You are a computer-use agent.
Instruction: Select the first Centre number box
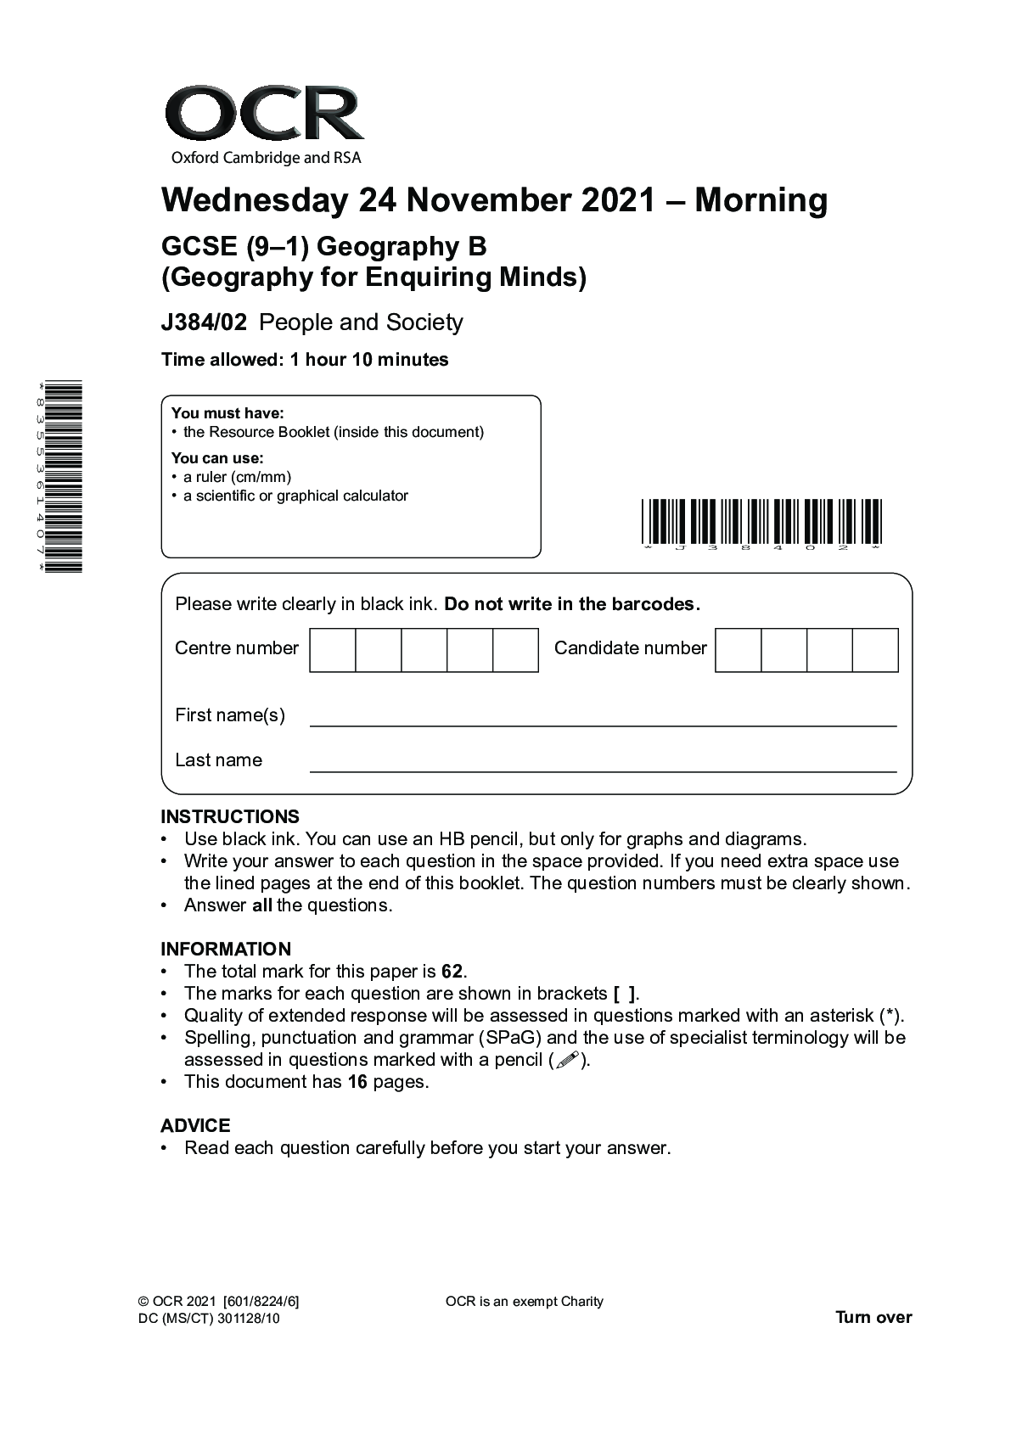click(x=333, y=650)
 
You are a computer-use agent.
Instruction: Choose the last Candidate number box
click(x=875, y=650)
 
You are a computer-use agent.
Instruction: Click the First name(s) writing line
click(x=603, y=724)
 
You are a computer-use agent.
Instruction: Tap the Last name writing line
click(x=603, y=769)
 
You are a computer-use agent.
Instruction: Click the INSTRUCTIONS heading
click(x=230, y=817)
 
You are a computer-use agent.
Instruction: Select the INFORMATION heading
click(x=226, y=950)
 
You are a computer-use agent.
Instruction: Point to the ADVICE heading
click(x=195, y=1126)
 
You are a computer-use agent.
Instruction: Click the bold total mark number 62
click(x=453, y=972)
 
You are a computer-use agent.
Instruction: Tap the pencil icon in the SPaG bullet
click(x=568, y=1060)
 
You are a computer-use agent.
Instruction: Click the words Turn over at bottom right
click(x=873, y=1318)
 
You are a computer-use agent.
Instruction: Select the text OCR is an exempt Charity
click(x=524, y=1302)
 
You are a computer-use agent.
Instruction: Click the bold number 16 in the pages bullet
click(x=357, y=1082)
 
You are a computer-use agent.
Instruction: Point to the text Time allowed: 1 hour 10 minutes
click(x=305, y=360)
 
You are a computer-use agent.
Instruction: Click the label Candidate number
click(x=630, y=648)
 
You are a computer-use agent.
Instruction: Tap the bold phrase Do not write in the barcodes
click(x=572, y=604)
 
